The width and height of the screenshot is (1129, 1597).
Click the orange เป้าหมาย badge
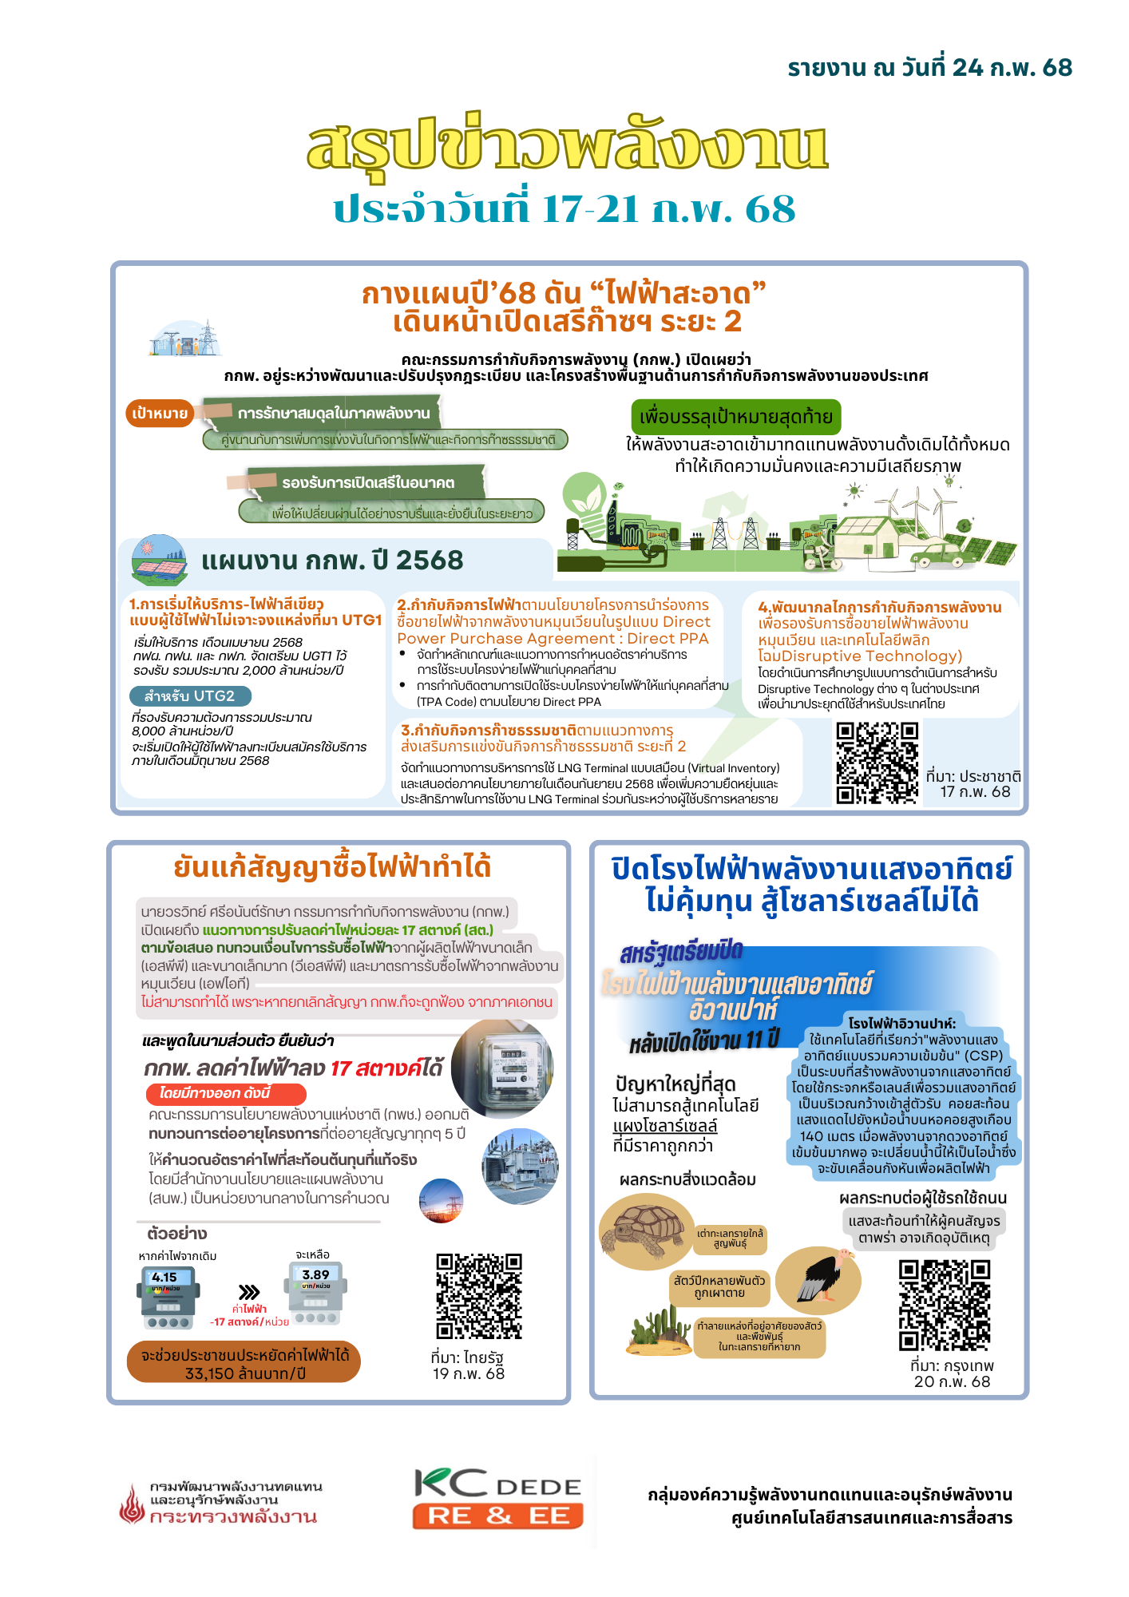coord(160,413)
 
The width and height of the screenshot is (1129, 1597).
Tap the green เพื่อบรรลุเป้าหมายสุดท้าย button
coord(735,417)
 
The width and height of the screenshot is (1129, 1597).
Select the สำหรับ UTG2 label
coord(190,696)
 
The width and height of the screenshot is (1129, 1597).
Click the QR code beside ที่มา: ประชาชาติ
coord(877,763)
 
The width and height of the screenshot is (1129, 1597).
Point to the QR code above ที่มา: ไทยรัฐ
coord(479,1295)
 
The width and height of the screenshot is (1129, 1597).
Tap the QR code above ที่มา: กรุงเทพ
coord(945,1306)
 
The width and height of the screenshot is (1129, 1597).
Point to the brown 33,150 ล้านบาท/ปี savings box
coord(244,1362)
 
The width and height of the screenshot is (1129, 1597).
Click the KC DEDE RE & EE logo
coord(497,1499)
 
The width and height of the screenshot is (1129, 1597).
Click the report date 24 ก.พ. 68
coord(929,68)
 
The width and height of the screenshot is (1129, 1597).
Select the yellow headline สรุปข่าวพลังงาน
coord(567,145)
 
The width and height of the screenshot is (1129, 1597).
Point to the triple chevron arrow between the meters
coord(249,1292)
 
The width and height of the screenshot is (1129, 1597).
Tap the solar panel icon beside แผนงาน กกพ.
coord(159,560)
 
